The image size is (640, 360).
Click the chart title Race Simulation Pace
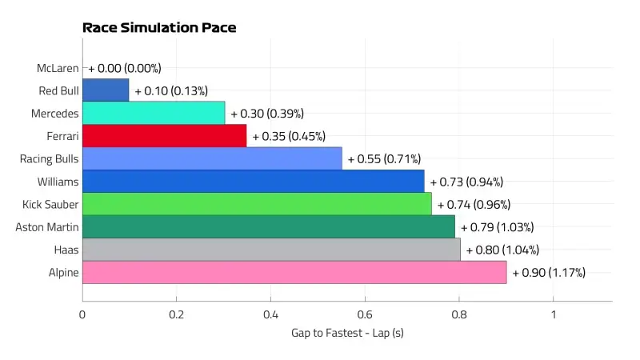pos(159,28)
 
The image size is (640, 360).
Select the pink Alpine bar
pos(294,272)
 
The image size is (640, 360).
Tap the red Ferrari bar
pos(164,136)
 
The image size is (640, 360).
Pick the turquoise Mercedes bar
pos(154,113)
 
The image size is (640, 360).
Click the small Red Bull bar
pos(106,90)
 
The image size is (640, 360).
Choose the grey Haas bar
pos(271,250)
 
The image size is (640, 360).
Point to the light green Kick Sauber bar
pos(257,204)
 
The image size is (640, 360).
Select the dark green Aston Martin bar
pos(268,226)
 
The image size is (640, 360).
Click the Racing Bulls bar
pos(212,158)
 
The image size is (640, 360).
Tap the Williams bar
pos(253,181)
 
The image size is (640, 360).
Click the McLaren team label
pos(58,68)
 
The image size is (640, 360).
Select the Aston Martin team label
pos(47,227)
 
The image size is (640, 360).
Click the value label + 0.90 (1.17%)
pos(549,273)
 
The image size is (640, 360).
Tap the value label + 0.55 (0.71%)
pos(384,159)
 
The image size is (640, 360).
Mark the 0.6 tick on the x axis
pos(365,314)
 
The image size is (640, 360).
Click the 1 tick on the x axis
pos(553,314)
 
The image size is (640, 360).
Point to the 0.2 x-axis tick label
pos(176,314)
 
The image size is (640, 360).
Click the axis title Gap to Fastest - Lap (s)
pos(347,333)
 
